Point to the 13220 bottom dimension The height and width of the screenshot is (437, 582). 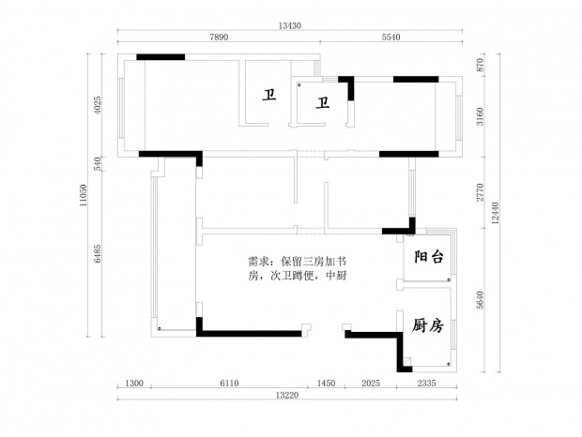coord(288,396)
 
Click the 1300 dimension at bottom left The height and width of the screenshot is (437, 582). coord(133,384)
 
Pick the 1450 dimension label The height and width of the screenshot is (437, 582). coord(327,384)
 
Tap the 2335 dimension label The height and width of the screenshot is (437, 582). coord(426,384)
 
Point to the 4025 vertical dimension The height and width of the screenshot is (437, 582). coord(98,103)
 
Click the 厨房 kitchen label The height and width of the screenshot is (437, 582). coord(427,325)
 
